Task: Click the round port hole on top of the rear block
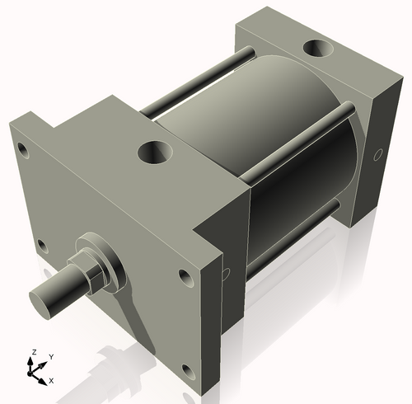click(317, 49)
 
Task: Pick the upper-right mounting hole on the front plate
click(184, 278)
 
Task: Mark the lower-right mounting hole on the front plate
click(188, 370)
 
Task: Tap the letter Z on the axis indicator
click(34, 353)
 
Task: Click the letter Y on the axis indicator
click(50, 356)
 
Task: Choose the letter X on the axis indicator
click(51, 380)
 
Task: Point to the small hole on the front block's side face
click(223, 273)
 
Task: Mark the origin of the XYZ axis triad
click(35, 372)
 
